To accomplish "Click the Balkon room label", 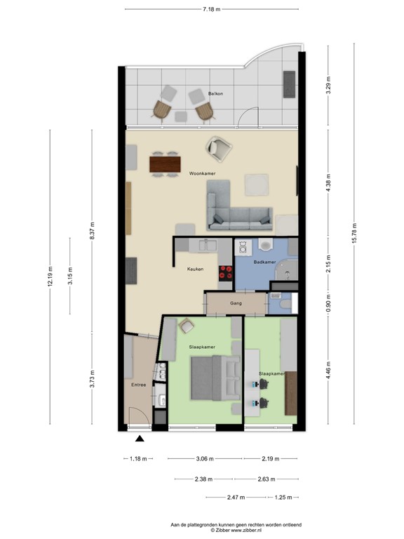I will pos(216,93).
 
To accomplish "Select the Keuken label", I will pos(195,269).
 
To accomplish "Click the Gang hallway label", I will pos(236,304).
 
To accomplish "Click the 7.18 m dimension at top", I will pos(211,9).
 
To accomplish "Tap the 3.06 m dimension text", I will pos(205,459).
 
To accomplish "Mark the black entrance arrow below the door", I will pos(140,439).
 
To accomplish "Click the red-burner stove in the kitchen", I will pos(226,272).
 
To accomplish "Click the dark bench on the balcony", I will pos(288,84).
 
